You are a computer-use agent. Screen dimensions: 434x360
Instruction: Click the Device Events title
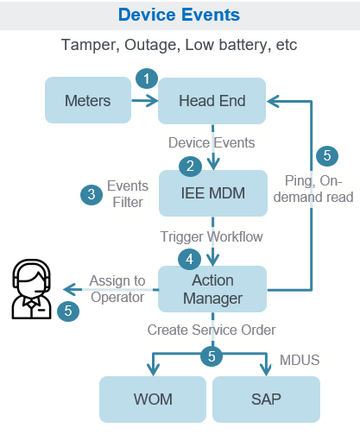[179, 15]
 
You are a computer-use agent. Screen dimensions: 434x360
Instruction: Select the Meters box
[88, 101]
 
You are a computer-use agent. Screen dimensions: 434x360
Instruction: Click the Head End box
[212, 101]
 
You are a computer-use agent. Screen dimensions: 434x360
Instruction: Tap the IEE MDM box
[212, 192]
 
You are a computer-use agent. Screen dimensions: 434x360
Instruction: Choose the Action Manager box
[212, 290]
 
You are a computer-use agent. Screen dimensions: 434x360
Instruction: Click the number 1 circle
[148, 79]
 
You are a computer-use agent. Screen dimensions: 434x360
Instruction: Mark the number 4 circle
[190, 258]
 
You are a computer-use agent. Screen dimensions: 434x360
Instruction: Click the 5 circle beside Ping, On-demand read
[325, 156]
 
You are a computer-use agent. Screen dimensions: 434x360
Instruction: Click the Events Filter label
[127, 194]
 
